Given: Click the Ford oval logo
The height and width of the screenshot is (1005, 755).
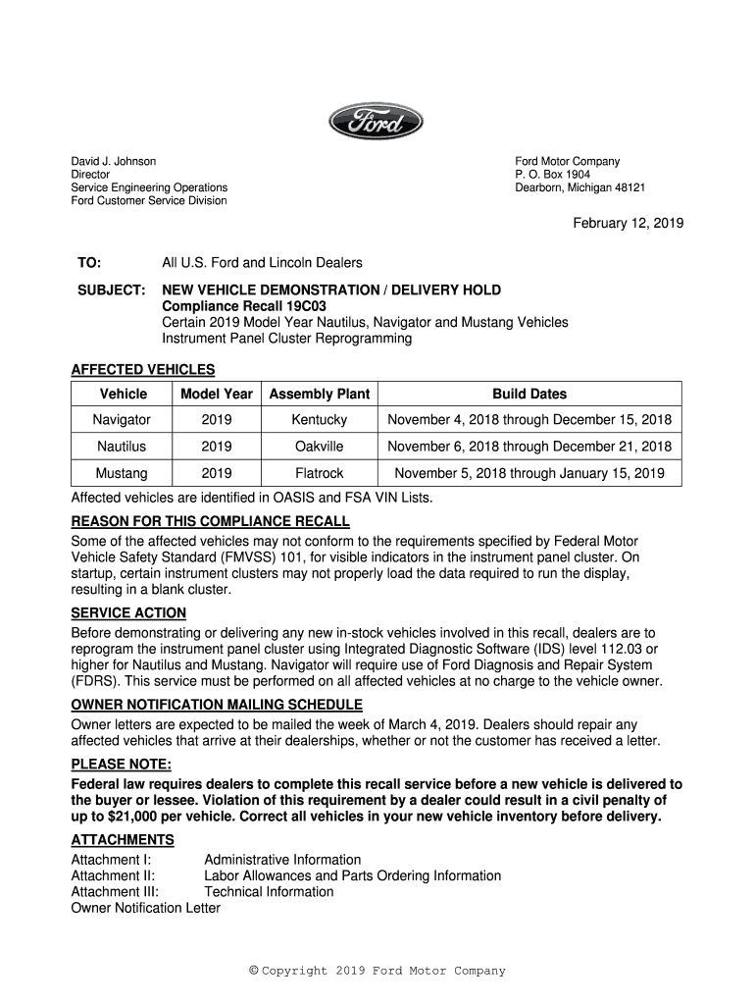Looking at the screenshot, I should pyautogui.click(x=376, y=123).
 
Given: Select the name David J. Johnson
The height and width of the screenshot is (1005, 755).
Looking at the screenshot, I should pyautogui.click(x=114, y=161).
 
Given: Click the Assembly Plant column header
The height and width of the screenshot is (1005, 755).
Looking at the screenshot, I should pyautogui.click(x=320, y=394).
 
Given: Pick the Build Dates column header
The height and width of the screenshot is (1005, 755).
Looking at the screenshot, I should pyautogui.click(x=529, y=394).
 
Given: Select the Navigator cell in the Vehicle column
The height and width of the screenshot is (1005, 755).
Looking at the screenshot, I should pyautogui.click(x=122, y=420).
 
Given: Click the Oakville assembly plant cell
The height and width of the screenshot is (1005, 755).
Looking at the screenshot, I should pyautogui.click(x=320, y=447).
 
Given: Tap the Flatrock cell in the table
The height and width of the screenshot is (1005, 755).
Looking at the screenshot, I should pyautogui.click(x=320, y=473).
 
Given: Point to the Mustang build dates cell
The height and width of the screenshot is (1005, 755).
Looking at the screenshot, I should pyautogui.click(x=529, y=473).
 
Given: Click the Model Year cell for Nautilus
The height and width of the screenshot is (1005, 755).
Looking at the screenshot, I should pyautogui.click(x=216, y=447).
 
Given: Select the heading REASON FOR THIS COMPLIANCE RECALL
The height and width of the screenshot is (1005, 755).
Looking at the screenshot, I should pyautogui.click(x=210, y=521).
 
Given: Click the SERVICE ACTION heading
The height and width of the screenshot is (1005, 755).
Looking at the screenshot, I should pyautogui.click(x=128, y=612).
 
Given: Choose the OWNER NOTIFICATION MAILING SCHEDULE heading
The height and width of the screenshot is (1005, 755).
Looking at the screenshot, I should pyautogui.click(x=217, y=705).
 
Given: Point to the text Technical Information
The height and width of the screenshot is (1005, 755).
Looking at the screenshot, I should pyautogui.click(x=269, y=892).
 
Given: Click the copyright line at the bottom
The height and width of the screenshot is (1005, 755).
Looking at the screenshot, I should pyautogui.click(x=377, y=972).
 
